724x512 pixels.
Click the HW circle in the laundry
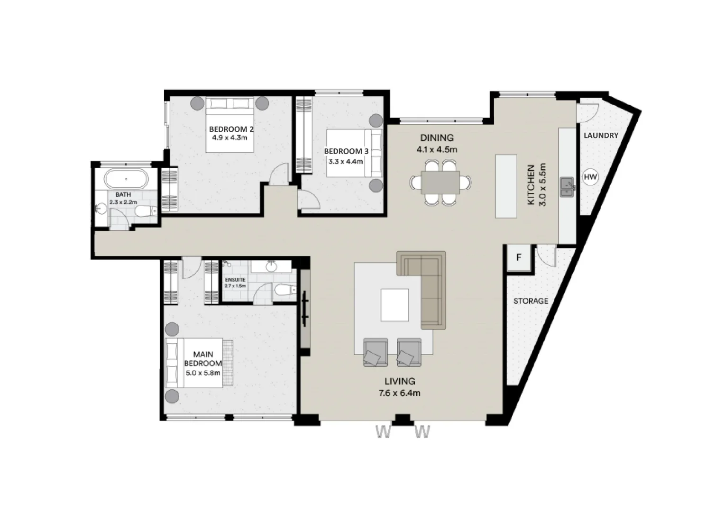click(590, 177)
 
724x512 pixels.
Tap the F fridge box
click(519, 258)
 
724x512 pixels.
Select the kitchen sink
click(567, 187)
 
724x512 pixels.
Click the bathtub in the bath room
click(126, 180)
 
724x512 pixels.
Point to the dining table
click(440, 182)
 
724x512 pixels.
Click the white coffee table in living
click(394, 305)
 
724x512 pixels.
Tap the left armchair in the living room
click(375, 352)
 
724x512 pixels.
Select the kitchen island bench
click(506, 186)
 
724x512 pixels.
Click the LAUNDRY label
click(601, 136)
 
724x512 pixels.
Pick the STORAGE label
click(531, 301)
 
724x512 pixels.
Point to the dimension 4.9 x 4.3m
click(231, 138)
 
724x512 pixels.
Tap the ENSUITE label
click(235, 280)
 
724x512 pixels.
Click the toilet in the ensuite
click(283, 290)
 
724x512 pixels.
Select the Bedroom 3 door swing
click(309, 199)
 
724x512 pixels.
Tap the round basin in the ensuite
click(271, 267)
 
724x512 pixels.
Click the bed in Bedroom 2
click(229, 125)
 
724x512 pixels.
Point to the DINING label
click(437, 138)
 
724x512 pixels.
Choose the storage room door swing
click(545, 256)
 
